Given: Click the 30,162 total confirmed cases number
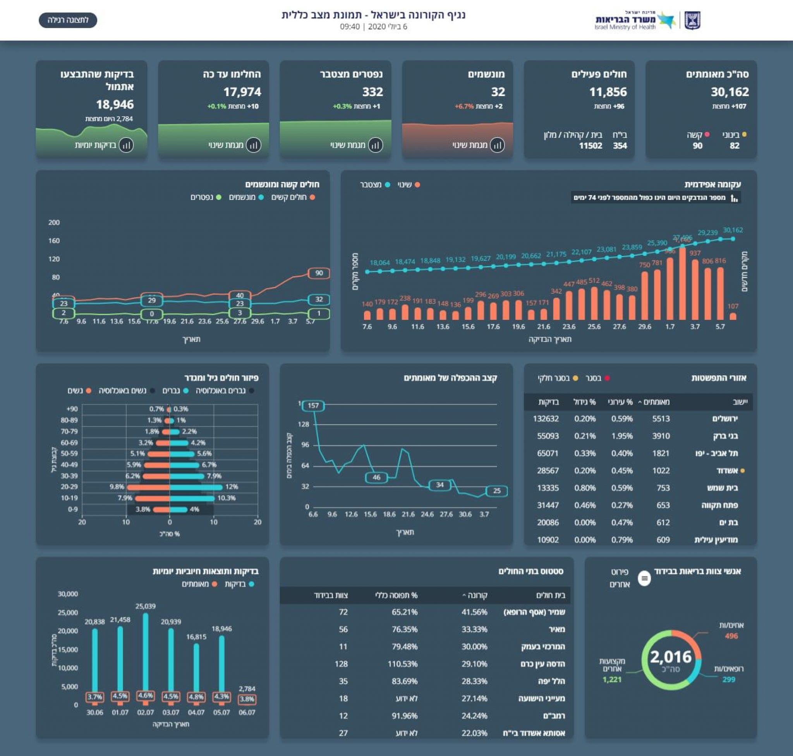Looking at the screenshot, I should pyautogui.click(x=729, y=92).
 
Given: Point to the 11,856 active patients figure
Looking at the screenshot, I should pyautogui.click(x=608, y=92).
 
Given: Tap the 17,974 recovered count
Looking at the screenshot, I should pyautogui.click(x=242, y=92).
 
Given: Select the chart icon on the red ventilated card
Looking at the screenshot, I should pyautogui.click(x=497, y=145).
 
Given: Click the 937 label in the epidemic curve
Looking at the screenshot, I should pyautogui.click(x=695, y=253).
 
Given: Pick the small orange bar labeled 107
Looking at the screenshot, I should pyautogui.click(x=733, y=316).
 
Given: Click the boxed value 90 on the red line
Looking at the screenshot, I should pyautogui.click(x=319, y=273).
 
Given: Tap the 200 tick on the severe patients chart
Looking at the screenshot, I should pyautogui.click(x=54, y=222).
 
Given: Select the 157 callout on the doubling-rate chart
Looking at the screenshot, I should pyautogui.click(x=313, y=405).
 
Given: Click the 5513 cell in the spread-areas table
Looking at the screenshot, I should pyautogui.click(x=661, y=419).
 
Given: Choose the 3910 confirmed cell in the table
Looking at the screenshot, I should pyautogui.click(x=661, y=436).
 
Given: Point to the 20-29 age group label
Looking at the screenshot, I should pyautogui.click(x=69, y=487).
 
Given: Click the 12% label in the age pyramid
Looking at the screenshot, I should pyautogui.click(x=232, y=487).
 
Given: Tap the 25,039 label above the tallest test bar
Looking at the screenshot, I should pyautogui.click(x=146, y=606).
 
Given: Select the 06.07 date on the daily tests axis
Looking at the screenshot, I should pyautogui.click(x=247, y=713).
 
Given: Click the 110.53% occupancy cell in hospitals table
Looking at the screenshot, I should pyautogui.click(x=402, y=664).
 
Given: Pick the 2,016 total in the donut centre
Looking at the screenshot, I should pyautogui.click(x=671, y=657).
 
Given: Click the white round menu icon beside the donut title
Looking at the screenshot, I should pyautogui.click(x=644, y=579).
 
